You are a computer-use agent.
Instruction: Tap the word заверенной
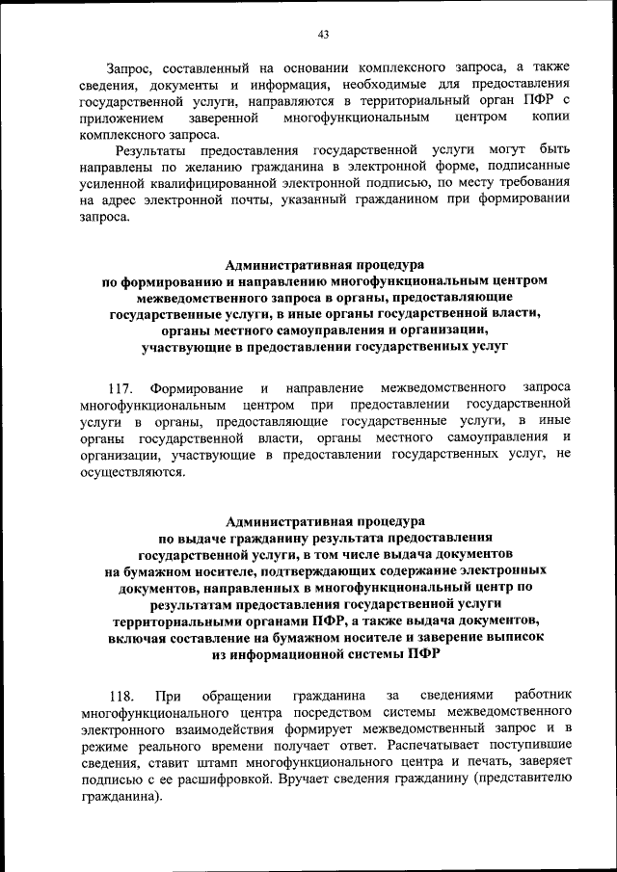pos(223,117)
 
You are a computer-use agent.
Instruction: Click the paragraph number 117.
pos(120,387)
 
